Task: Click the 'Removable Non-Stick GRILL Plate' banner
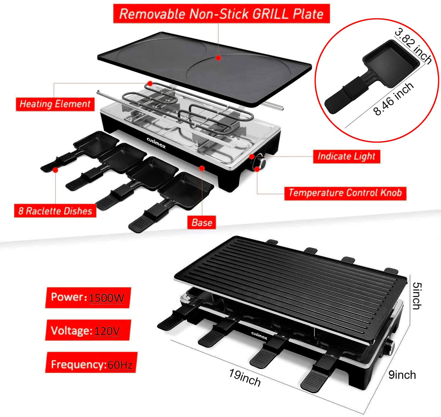[x=221, y=14]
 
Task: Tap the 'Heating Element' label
[x=55, y=104]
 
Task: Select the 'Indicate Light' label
[x=346, y=156]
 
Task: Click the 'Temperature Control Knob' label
[x=345, y=193]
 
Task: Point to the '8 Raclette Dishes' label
[x=55, y=211]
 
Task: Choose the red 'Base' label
[x=202, y=223]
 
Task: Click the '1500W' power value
[x=107, y=298]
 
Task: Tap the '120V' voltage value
[x=107, y=331]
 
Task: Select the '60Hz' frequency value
[x=120, y=365]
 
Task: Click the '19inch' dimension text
[x=245, y=378]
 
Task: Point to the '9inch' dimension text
[x=402, y=375]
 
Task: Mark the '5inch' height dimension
[x=417, y=296]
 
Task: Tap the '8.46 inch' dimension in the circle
[x=394, y=99]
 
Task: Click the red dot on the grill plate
[x=218, y=58]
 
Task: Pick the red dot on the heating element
[x=150, y=83]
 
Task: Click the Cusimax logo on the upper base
[x=156, y=143]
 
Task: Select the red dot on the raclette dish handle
[x=55, y=170]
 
